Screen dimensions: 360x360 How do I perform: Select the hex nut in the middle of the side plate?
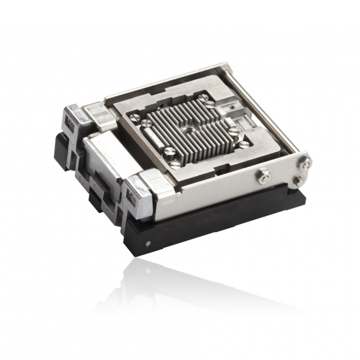point(264,176)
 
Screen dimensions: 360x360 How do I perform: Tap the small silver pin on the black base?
point(148,243)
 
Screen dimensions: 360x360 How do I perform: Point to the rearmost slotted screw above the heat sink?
point(203,98)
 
